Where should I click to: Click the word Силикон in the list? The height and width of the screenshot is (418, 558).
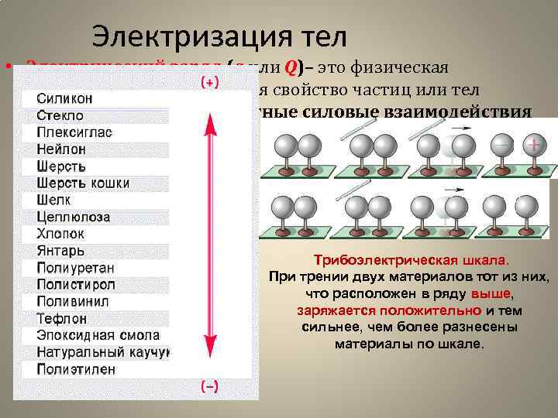pos(65,98)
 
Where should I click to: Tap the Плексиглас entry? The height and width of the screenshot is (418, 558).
pos(74,132)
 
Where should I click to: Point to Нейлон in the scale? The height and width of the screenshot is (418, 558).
pos(61,149)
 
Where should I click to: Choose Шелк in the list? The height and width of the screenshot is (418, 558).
pos(54,200)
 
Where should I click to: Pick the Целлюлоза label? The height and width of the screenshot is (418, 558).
pos(74,217)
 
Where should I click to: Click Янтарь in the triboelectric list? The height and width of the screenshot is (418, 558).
pos(60,251)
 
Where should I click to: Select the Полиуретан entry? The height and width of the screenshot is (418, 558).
pos(75,268)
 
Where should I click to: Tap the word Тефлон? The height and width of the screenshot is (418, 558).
pos(62,318)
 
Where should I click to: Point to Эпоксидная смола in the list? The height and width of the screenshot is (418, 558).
pos(98,335)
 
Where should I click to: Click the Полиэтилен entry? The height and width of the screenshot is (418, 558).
pos(76,369)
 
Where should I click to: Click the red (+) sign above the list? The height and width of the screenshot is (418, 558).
pos(209,81)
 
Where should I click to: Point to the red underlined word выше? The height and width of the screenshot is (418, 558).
pos(496,295)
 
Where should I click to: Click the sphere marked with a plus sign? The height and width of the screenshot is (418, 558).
pos(532,147)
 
